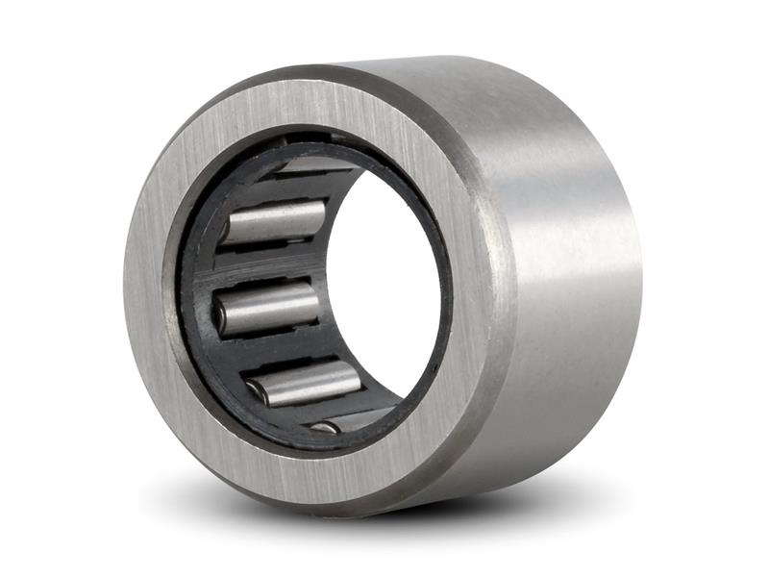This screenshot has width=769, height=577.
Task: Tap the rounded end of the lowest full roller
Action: point(256,390)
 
